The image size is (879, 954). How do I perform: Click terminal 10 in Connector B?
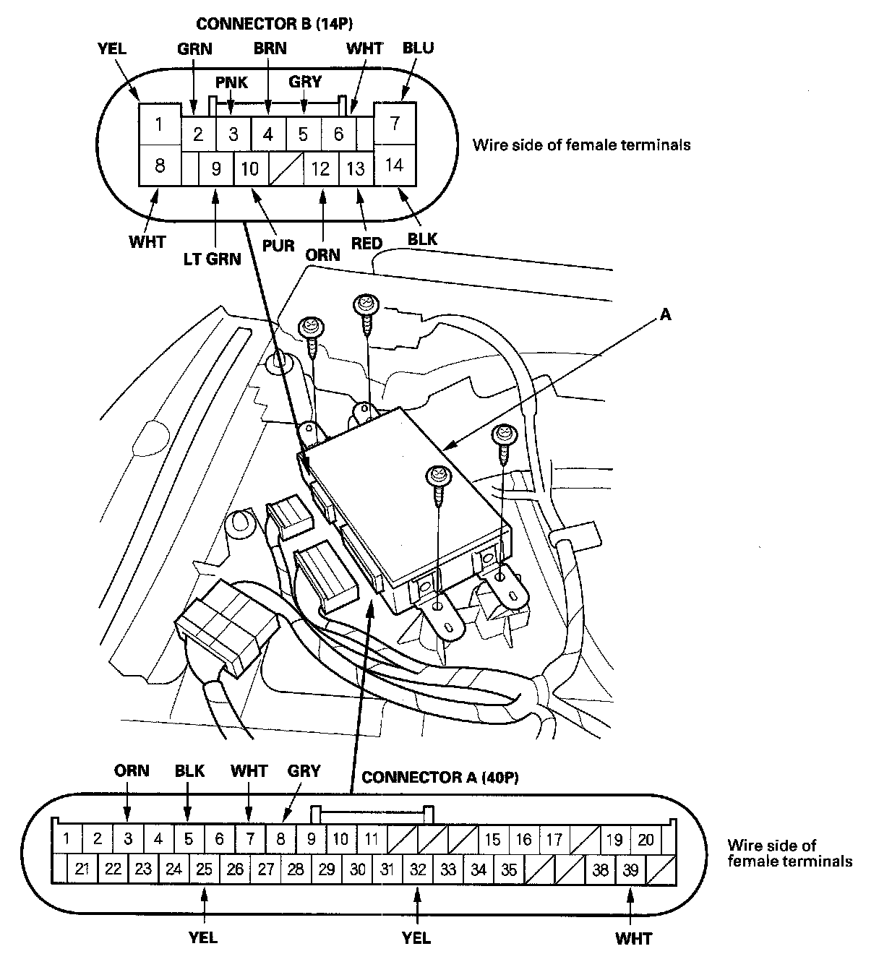tap(250, 168)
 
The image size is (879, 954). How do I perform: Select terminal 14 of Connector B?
tap(394, 165)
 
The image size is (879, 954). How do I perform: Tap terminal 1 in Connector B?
tap(159, 124)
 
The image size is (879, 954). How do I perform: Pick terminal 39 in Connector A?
tap(631, 869)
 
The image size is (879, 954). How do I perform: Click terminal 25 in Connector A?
tap(205, 869)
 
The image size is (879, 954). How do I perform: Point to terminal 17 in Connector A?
tap(554, 839)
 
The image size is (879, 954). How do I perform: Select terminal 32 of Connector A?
tap(417, 869)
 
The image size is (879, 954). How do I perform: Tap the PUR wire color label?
tap(278, 245)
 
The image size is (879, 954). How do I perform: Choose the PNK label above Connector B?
tap(231, 82)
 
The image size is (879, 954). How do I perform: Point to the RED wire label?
tap(366, 243)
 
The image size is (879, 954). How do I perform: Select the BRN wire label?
tap(270, 48)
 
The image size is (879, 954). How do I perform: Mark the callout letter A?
tap(665, 314)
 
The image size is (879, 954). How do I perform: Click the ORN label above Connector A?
tap(132, 770)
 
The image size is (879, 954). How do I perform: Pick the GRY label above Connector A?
tap(304, 770)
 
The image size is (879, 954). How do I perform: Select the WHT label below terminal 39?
tap(633, 939)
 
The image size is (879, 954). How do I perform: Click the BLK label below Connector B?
tap(423, 238)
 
